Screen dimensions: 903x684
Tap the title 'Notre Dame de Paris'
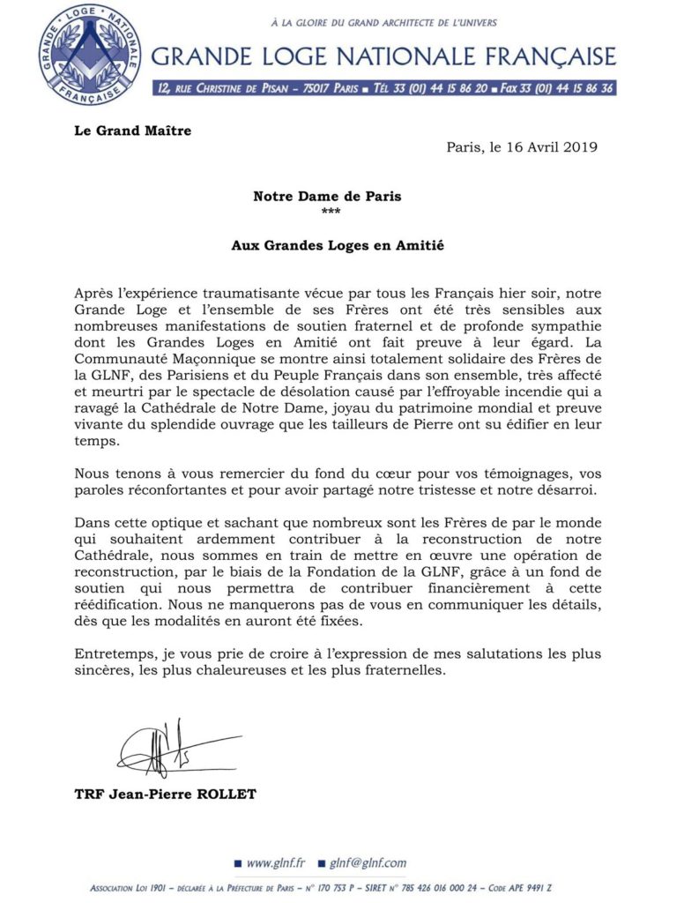[327, 197]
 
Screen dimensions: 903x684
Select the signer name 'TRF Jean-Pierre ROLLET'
[166, 795]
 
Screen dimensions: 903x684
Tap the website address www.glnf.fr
[275, 863]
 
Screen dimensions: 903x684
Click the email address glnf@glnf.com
[368, 863]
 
